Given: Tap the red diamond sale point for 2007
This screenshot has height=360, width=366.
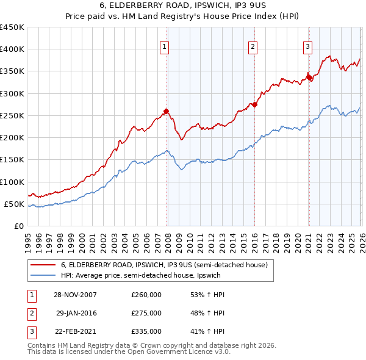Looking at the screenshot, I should [x=166, y=111].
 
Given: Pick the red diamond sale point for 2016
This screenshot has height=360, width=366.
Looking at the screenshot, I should [x=254, y=104].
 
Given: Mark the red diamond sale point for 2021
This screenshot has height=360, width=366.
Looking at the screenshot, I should [x=309, y=77].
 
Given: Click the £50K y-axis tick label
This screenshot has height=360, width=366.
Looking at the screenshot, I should [x=15, y=204].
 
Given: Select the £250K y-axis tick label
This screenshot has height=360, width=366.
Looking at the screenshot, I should [x=12, y=115].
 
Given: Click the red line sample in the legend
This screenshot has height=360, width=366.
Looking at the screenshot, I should [x=43, y=265].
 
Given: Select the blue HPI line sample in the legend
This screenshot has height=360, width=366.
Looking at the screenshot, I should [x=43, y=276].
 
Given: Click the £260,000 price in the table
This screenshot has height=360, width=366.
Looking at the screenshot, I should [x=146, y=295].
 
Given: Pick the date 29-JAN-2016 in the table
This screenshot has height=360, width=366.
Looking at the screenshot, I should [x=76, y=313].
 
